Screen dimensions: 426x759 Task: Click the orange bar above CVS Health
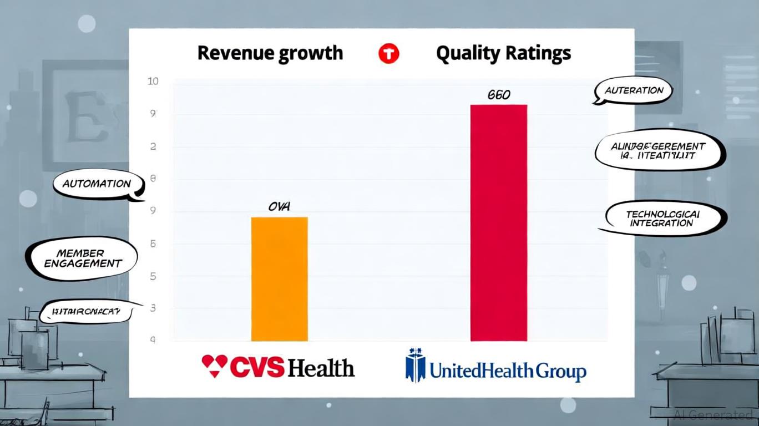[279, 279]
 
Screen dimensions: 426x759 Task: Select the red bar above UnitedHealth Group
[498, 222]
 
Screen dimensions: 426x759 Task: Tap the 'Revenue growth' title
[270, 53]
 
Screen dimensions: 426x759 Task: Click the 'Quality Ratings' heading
[503, 53]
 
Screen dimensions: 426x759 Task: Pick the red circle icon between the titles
[388, 54]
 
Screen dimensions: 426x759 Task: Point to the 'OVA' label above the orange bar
[279, 207]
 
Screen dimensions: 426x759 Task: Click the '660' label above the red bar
[499, 95]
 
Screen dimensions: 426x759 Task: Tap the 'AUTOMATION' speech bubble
[97, 184]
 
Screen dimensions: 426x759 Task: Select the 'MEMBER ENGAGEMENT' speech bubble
[82, 258]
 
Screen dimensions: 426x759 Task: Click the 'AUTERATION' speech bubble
[633, 90]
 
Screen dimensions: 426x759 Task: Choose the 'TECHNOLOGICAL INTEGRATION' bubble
[662, 219]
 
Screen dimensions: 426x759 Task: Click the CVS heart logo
[214, 366]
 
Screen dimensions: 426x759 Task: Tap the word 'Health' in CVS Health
[322, 368]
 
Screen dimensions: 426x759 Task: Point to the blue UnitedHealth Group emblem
[415, 366]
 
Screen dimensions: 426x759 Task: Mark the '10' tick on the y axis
[153, 82]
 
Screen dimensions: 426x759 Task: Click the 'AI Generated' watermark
[713, 414]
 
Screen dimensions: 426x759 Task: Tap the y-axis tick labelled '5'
[153, 276]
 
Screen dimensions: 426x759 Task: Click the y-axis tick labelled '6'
[153, 244]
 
